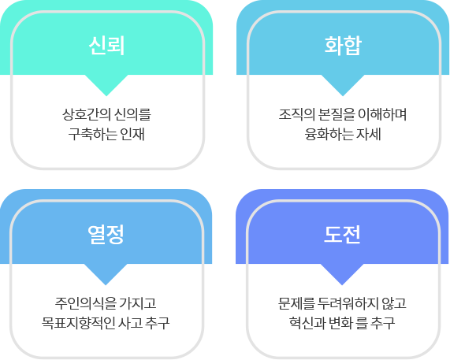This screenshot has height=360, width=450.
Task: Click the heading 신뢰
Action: pyautogui.click(x=106, y=46)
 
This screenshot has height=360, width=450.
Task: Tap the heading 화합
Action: pyautogui.click(x=343, y=46)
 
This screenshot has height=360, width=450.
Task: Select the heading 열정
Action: pyautogui.click(x=106, y=235)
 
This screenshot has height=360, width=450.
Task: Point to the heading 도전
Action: pyautogui.click(x=342, y=235)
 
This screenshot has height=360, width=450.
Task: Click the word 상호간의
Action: pyautogui.click(x=87, y=114)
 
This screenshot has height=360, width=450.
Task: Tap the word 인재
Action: pyautogui.click(x=132, y=134)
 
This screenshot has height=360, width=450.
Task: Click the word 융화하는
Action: pyautogui.click(x=329, y=134)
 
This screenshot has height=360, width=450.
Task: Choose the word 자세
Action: pyautogui.click(x=369, y=134)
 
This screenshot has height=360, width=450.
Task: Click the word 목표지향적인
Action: pyautogui.click(x=78, y=323)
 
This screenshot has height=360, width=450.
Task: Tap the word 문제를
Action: pyautogui.click(x=296, y=303)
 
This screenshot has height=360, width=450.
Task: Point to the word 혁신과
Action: pyautogui.click(x=307, y=323)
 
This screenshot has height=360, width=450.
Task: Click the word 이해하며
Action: pyautogui.click(x=382, y=114)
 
